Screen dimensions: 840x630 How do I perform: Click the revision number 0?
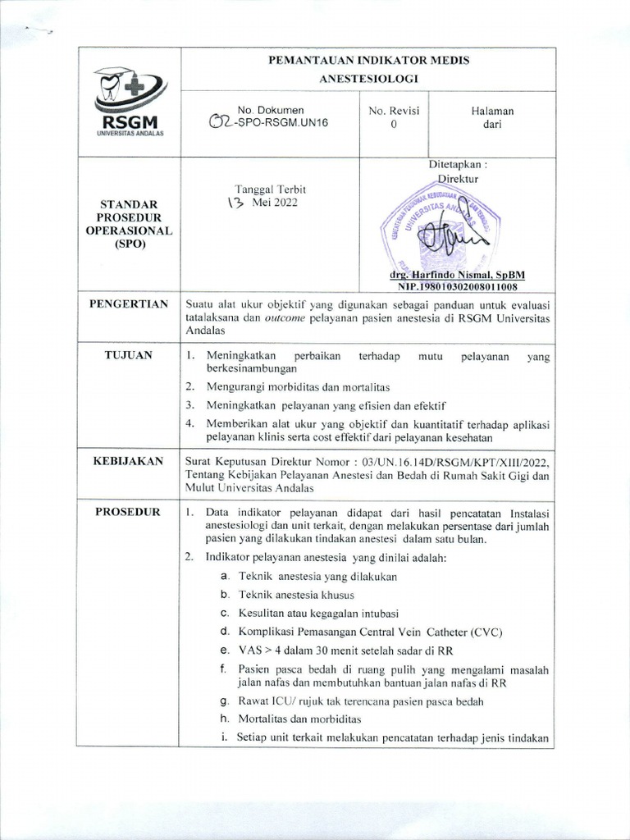394,125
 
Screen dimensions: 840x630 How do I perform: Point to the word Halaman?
492,110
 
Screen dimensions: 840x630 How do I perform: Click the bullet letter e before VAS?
223,648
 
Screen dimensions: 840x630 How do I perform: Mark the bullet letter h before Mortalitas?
223,719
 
